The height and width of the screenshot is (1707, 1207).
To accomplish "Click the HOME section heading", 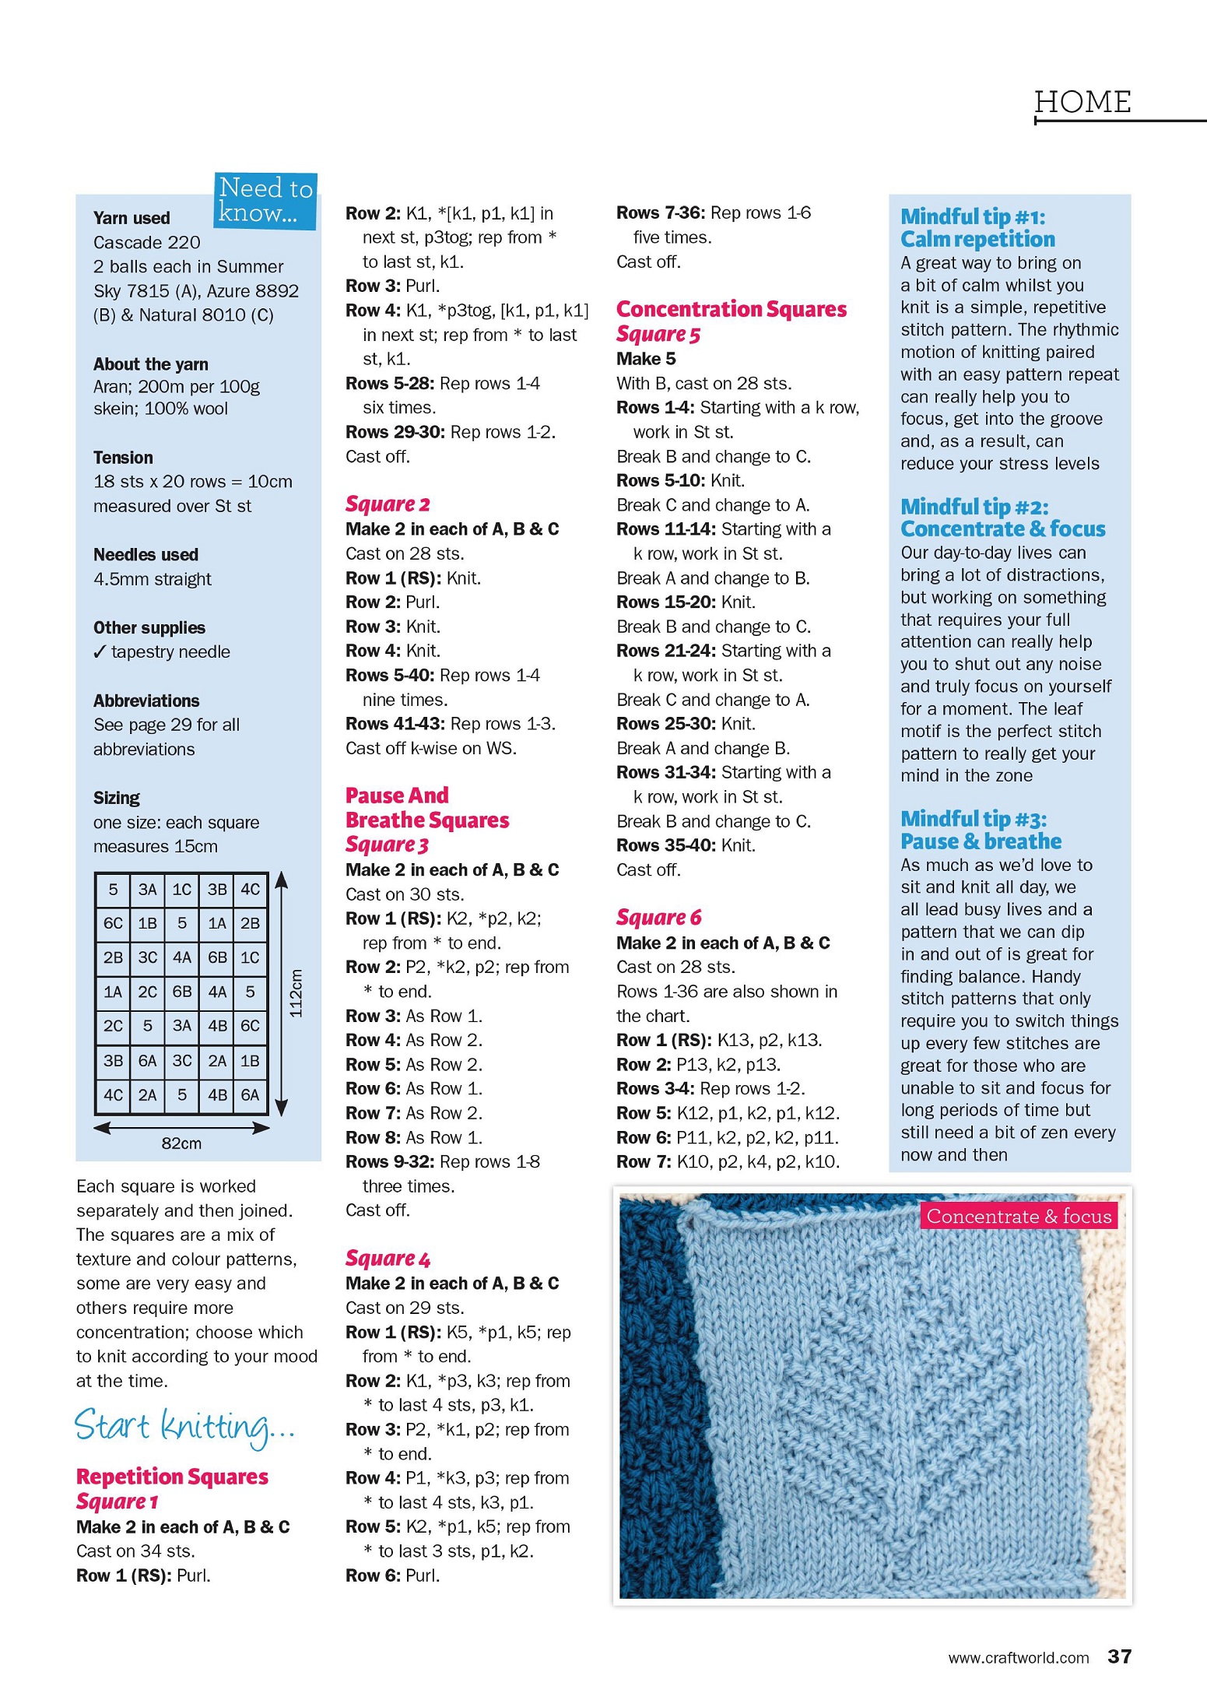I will pyautogui.click(x=1082, y=102).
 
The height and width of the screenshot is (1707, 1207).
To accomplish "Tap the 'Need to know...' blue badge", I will pyautogui.click(x=265, y=200).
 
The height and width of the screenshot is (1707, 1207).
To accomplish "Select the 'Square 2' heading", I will pyautogui.click(x=388, y=504).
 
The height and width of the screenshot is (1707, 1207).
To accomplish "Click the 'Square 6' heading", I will pyautogui.click(x=658, y=918).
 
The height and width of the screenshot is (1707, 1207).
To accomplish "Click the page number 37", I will pyautogui.click(x=1119, y=1656).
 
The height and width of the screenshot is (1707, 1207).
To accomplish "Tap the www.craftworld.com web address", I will pyautogui.click(x=1018, y=1657).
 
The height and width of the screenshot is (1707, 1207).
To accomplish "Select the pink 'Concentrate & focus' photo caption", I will pyautogui.click(x=1019, y=1216).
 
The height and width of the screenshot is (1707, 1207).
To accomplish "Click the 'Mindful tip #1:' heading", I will pyautogui.click(x=973, y=216).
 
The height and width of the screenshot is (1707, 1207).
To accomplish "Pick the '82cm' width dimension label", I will pyautogui.click(x=181, y=1143).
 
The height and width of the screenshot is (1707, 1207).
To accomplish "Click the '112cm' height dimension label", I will pyautogui.click(x=296, y=992).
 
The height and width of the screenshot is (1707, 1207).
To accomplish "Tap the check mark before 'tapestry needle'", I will pyautogui.click(x=99, y=652).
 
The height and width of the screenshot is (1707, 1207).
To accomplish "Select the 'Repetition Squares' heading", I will pyautogui.click(x=172, y=1477).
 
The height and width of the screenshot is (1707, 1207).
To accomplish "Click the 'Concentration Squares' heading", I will pyautogui.click(x=731, y=309).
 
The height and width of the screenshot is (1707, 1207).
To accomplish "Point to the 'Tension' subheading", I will pyautogui.click(x=123, y=458).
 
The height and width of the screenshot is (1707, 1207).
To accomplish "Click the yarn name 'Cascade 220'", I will pyautogui.click(x=146, y=242).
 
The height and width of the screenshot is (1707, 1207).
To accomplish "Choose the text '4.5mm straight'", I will pyautogui.click(x=152, y=579).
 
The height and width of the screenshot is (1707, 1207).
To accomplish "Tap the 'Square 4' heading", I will pyautogui.click(x=388, y=1259).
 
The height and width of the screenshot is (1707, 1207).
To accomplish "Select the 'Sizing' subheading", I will pyautogui.click(x=117, y=798).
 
